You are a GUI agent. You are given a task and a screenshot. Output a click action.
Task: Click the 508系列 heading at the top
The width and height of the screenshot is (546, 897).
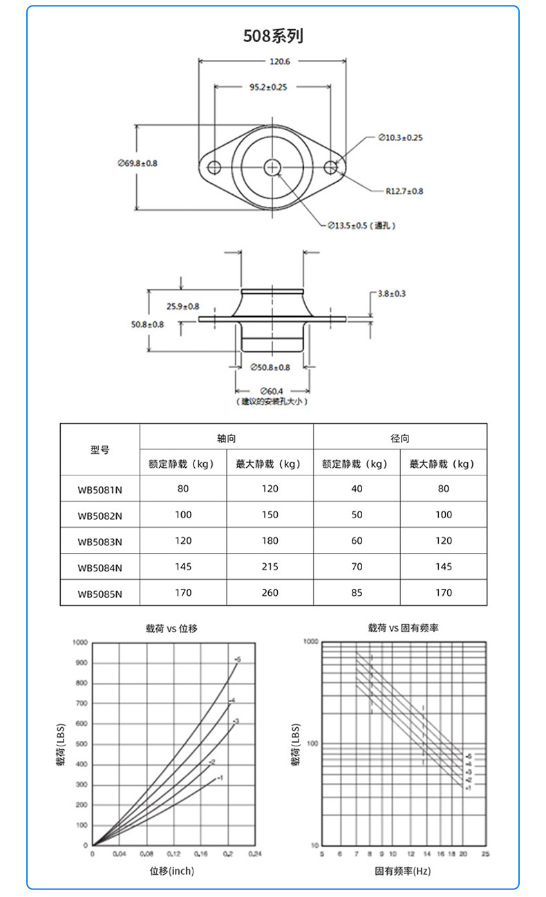(x=273, y=36)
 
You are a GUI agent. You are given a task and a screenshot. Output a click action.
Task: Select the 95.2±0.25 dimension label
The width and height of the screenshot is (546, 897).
(x=268, y=87)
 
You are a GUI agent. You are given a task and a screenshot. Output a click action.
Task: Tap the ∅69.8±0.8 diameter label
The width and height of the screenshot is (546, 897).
(x=138, y=163)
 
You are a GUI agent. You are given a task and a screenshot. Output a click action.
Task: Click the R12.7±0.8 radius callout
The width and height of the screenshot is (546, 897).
(x=404, y=191)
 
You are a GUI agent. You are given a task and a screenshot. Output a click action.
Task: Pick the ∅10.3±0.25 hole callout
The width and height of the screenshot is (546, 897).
(x=401, y=138)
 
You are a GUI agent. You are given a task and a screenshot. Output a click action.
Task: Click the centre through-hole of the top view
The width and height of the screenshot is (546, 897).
(x=273, y=167)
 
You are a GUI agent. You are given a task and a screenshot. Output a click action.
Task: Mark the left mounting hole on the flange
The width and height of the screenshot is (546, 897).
(x=214, y=167)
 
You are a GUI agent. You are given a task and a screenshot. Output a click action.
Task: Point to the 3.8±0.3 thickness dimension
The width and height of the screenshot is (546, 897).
(x=392, y=294)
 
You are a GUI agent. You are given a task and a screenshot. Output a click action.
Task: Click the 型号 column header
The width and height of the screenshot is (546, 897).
(x=100, y=450)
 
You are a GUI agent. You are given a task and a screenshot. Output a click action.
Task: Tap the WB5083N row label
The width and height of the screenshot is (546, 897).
(x=100, y=541)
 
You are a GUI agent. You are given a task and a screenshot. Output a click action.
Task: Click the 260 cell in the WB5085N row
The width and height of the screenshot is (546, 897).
(x=270, y=593)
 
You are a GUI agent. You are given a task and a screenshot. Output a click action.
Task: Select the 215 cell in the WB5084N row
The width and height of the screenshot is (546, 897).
(x=270, y=567)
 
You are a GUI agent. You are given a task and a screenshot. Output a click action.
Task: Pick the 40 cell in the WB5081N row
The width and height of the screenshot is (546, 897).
(x=357, y=489)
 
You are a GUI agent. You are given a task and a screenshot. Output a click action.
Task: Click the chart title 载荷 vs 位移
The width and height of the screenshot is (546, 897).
(x=171, y=628)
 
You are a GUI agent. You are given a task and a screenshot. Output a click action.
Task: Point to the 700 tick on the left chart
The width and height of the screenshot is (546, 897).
(x=82, y=704)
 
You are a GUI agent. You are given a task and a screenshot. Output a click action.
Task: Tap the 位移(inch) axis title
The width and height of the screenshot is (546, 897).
(x=172, y=871)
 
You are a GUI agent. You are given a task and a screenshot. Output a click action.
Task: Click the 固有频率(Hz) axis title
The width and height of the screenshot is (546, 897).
(x=403, y=871)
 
